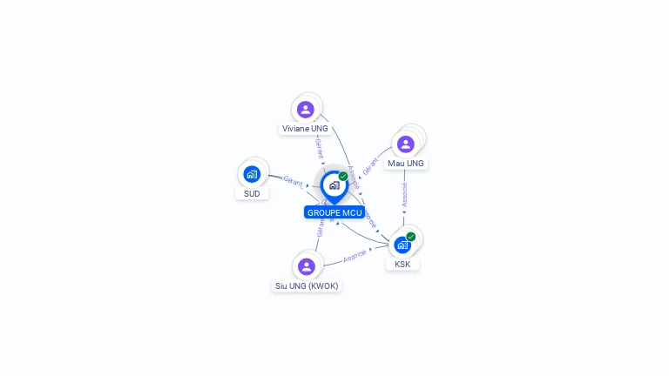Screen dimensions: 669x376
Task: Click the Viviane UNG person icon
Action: tap(305, 110)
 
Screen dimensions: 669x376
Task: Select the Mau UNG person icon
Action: tap(405, 144)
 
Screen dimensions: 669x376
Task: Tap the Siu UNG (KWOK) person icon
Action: tap(306, 266)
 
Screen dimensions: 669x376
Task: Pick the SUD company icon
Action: tap(252, 174)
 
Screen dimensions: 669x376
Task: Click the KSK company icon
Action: tap(402, 245)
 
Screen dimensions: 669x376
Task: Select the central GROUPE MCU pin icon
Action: tap(334, 185)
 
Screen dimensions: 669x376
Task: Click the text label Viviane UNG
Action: tap(305, 129)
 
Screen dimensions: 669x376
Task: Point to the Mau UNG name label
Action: tap(406, 164)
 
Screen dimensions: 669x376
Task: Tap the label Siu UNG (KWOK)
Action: tap(306, 285)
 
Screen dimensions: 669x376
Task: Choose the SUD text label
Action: tap(252, 193)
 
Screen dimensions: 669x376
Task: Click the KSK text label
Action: tap(402, 264)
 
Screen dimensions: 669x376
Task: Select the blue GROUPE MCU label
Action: tap(334, 212)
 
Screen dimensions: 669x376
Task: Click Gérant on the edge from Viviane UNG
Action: tap(320, 148)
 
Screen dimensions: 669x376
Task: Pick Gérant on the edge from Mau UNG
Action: tap(371, 165)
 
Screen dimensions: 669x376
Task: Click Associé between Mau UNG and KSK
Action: tap(404, 194)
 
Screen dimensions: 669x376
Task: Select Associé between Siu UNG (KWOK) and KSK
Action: tap(355, 257)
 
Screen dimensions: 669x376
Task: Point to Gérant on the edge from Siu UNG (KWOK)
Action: tap(320, 228)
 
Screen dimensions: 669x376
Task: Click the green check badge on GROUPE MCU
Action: tap(343, 177)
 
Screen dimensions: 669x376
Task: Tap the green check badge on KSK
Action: tap(411, 237)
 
